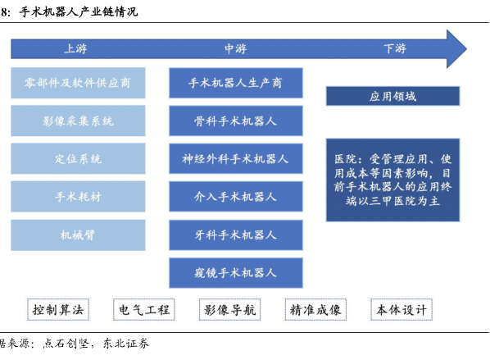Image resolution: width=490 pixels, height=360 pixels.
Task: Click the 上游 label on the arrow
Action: click(75, 48)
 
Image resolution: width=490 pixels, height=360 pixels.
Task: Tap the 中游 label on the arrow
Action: click(236, 48)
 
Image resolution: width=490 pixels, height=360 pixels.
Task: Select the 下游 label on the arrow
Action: click(395, 48)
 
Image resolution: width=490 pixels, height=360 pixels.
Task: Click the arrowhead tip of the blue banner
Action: click(466, 48)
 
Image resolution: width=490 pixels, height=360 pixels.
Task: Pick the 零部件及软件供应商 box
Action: click(78, 83)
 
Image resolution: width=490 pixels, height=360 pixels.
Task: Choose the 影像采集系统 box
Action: click(78, 121)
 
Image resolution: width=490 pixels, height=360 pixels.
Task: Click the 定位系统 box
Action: click(78, 158)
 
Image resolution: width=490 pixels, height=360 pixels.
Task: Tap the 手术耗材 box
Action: click(78, 197)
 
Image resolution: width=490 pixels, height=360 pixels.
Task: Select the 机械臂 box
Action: click(78, 235)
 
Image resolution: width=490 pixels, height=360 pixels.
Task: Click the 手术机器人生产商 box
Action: click(236, 83)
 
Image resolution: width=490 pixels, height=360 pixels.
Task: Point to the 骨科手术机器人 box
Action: click(236, 121)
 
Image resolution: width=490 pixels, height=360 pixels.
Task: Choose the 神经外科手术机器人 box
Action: click(236, 158)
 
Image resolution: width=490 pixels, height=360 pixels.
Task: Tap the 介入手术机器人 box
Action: click(236, 197)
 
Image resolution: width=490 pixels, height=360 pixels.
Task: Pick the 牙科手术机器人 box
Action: click(236, 235)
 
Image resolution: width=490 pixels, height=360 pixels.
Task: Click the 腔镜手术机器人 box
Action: click(236, 273)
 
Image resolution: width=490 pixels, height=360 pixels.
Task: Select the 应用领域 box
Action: click(392, 96)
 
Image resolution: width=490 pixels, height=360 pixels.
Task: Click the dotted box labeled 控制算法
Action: click(58, 310)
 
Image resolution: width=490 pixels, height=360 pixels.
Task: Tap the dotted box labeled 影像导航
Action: click(229, 310)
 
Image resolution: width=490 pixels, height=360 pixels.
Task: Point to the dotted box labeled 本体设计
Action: click(402, 310)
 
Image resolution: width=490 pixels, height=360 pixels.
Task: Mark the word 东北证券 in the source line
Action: click(126, 344)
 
